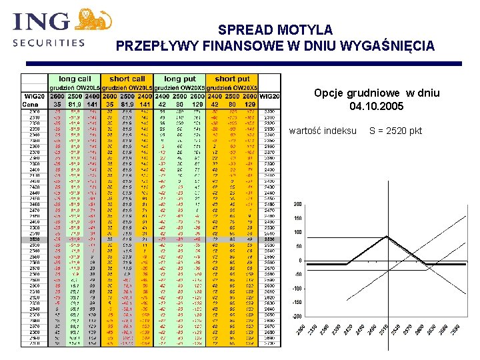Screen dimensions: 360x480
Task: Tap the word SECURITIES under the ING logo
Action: coord(49,43)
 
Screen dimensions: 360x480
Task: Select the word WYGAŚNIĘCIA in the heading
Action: coord(389,46)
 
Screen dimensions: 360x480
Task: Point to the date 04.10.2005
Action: coord(377,106)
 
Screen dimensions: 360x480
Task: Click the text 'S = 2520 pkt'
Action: coord(395,131)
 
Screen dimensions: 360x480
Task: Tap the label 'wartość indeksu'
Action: coord(323,131)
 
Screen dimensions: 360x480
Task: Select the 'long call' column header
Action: coord(75,79)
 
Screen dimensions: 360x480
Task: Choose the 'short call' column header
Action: coord(127,79)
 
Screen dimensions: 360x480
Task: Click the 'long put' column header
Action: coord(180,79)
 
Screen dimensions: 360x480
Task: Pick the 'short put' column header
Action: coord(232,79)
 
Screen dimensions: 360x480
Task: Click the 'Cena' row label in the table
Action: coord(30,105)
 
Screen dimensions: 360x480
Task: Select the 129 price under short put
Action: coord(250,105)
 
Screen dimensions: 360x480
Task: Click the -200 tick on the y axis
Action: coord(297,316)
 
